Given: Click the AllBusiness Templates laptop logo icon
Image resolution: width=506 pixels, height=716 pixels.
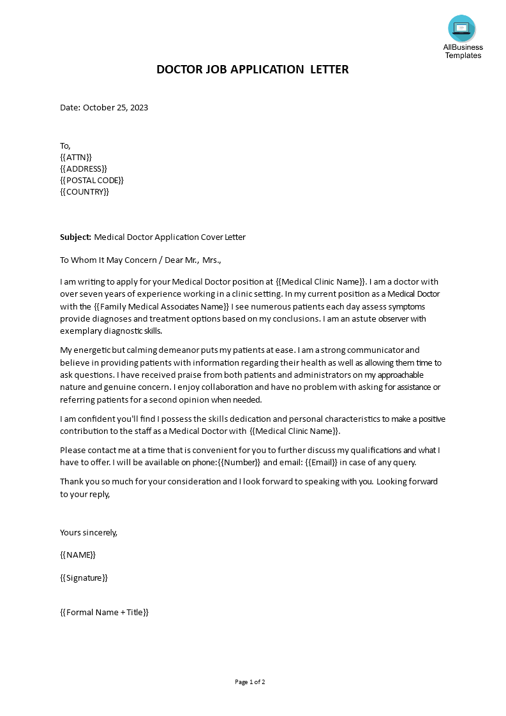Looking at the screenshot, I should pos(461,29).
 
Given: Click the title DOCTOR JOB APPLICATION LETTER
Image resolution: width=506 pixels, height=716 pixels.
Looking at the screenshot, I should pos(253,70).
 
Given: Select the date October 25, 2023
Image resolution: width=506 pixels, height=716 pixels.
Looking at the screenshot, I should pos(115,107).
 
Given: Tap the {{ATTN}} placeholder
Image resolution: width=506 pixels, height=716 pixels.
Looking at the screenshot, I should pos(76,157).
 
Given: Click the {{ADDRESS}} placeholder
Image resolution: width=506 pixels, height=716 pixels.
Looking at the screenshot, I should pos(84,168).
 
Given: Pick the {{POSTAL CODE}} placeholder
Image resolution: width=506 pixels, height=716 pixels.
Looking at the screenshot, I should pos(92,180).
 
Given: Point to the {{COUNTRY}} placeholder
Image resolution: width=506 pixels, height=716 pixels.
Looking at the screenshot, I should pos(84,191).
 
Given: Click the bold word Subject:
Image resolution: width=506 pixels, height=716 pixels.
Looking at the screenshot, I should pos(76,237).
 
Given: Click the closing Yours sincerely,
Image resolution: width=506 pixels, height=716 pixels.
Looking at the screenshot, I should pos(89,532).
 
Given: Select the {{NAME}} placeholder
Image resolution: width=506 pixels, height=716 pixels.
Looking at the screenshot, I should pos(78,555).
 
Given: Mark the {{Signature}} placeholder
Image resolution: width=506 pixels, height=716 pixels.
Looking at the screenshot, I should pos(84,578).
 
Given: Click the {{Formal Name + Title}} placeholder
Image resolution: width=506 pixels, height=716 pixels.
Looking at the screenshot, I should pos(104,612).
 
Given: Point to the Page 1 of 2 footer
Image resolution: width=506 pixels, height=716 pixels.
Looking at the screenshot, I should pos(250,682).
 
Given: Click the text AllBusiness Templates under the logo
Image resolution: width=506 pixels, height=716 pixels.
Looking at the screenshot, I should pos(463,51).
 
